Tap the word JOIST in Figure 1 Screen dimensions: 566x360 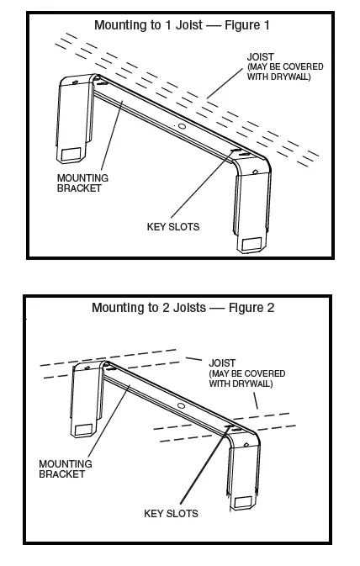tap(261, 56)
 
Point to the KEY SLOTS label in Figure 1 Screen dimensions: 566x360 tap(172, 226)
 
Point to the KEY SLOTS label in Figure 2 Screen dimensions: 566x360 tap(172, 512)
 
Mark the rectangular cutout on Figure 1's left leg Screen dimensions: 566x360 tap(70, 155)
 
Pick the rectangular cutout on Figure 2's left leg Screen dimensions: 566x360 tap(82, 430)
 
